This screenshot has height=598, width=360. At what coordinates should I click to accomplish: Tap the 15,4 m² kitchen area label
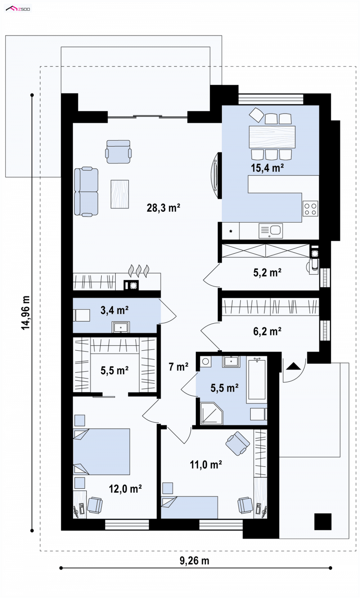(x=267, y=168)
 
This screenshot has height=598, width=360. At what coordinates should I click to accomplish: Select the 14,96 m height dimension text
(x=26, y=312)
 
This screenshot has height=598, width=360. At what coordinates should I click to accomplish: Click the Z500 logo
(x=18, y=9)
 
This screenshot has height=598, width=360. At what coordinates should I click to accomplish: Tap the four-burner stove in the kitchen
(x=310, y=209)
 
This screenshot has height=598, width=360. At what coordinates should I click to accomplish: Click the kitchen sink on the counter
(x=270, y=231)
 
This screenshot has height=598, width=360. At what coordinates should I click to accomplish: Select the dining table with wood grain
(x=272, y=137)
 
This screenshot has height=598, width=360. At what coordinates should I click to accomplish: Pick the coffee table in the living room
(x=120, y=194)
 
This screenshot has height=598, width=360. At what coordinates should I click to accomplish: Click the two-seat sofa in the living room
(x=86, y=192)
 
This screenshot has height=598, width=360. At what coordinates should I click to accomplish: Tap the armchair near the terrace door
(x=118, y=152)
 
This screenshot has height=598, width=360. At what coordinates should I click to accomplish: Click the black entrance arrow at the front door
(x=293, y=366)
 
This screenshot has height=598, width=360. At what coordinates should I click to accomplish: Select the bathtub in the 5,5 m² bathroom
(x=256, y=379)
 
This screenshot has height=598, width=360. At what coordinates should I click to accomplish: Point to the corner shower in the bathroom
(x=211, y=413)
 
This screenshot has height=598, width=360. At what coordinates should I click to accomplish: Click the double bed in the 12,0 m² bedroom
(x=101, y=452)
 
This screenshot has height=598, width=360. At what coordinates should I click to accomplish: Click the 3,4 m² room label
(x=114, y=310)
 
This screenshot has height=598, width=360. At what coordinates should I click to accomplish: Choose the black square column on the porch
(x=323, y=522)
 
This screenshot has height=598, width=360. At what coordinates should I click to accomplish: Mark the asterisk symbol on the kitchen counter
(x=231, y=231)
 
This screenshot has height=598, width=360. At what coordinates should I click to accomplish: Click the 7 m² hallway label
(x=178, y=367)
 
